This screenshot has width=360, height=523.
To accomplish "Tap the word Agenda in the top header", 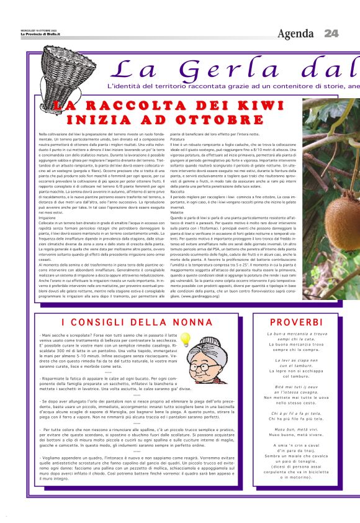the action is click(295, 33).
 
